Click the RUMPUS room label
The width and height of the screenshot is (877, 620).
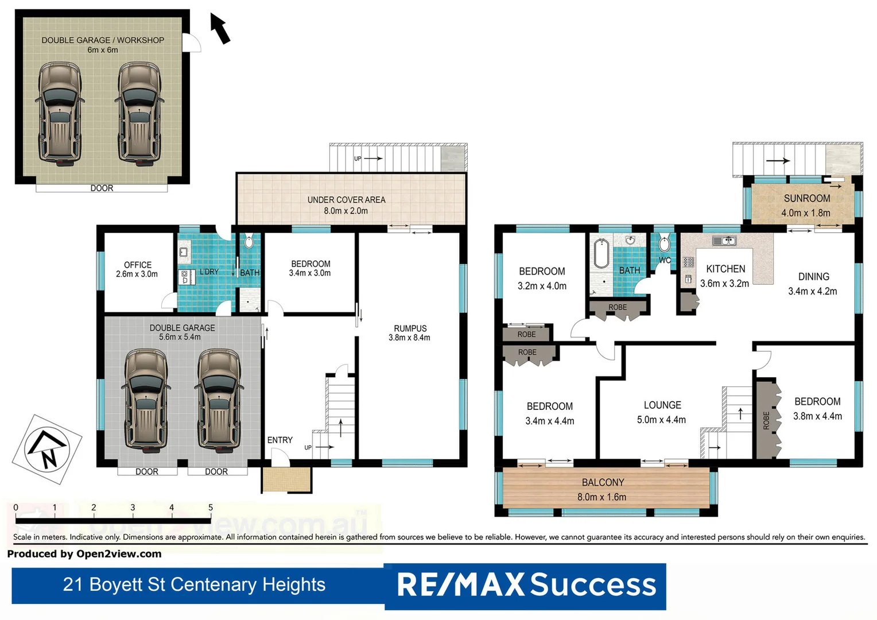410,328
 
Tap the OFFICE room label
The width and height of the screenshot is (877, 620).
138,265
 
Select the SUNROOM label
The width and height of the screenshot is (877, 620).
806,198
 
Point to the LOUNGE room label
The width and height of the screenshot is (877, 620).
662,405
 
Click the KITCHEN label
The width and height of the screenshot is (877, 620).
725,269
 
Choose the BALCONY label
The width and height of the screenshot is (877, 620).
603,482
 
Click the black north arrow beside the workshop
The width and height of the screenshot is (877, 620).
220,29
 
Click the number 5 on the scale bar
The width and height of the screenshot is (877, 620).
211,507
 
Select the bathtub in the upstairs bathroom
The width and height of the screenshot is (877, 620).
601,253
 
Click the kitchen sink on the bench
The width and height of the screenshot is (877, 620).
724,241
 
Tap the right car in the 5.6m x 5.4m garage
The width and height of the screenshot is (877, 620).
219,399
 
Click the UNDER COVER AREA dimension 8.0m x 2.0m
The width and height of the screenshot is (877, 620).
346,211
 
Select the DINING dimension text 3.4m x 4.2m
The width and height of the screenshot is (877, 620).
812,291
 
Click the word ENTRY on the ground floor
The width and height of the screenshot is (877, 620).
280,440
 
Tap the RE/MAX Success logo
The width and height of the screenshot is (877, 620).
526,585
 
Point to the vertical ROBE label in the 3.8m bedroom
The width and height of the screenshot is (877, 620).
766,420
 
